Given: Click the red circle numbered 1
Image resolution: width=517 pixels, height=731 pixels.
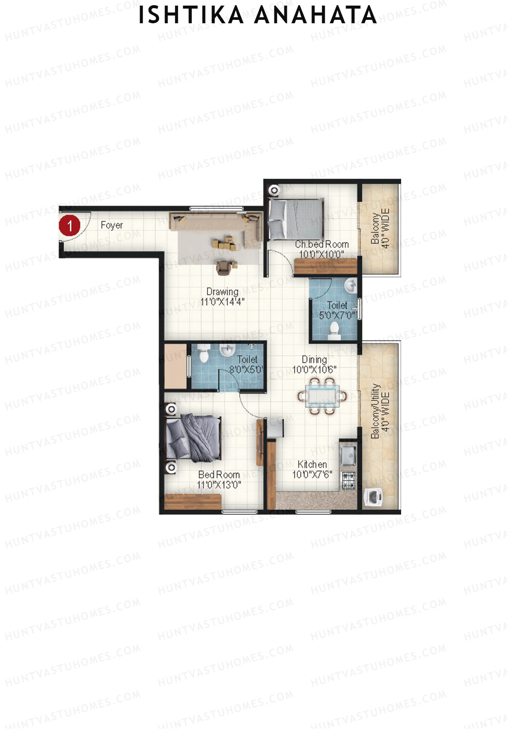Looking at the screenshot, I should coord(69,225).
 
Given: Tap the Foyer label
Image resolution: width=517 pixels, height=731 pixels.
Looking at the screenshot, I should coord(112,225).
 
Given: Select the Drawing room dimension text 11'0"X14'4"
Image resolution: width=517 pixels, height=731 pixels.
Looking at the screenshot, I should coord(222,302).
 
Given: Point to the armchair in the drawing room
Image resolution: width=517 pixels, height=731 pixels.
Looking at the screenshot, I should coord(223,268).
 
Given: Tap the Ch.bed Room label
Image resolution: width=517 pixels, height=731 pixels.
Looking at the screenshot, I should coord(321,244).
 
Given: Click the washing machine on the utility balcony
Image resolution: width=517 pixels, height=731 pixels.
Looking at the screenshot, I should coord(374,496).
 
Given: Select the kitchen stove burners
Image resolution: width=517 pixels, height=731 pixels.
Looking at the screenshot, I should coord(349,480).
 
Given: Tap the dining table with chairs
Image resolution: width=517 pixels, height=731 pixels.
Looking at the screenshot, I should coord(322,396).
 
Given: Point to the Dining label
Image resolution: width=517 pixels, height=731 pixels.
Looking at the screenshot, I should coord(314,359).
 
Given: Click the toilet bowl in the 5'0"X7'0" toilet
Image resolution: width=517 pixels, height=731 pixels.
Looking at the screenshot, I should coord(334,330).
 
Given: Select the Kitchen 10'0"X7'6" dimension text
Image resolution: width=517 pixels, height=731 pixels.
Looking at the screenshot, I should coord(312,475).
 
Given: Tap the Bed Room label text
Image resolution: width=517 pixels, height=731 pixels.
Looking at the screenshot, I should coord(219,475).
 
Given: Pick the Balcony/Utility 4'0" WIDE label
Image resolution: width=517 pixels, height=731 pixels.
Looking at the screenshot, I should coord(380,411).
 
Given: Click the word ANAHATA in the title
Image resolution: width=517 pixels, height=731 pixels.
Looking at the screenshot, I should coord(315,15).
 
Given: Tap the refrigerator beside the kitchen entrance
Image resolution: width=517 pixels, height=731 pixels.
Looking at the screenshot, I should coord(275,428).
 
